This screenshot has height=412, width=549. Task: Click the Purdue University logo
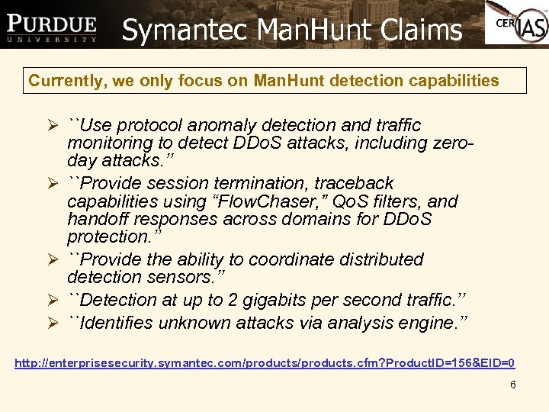coord(52,28)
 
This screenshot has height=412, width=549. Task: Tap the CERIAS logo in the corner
coord(517,24)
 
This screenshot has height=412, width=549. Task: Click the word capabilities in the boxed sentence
coord(453,80)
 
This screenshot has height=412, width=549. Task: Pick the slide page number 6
coord(513,385)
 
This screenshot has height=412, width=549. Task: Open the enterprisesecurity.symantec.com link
coord(265,362)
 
